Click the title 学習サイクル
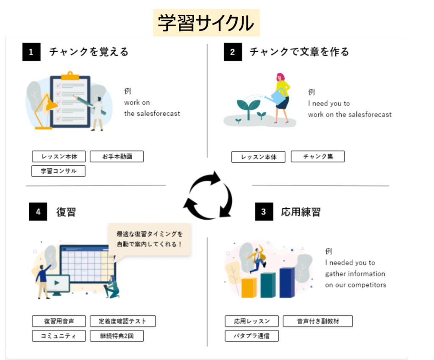pos(206,23)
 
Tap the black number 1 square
pos(31,52)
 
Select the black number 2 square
pos(232,52)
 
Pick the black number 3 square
pos(264,212)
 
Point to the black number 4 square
pos(38,212)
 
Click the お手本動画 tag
pos(117,156)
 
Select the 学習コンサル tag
pos(58,171)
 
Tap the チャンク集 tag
pos(317,156)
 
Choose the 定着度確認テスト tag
pos(122,321)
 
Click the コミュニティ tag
pos(58,336)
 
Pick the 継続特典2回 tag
pos(117,336)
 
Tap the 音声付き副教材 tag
pos(317,321)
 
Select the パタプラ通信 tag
pos(252,336)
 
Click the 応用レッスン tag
pos(252,321)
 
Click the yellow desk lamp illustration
pos(46,110)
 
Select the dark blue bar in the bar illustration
pos(287,282)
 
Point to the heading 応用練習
pos(300,212)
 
